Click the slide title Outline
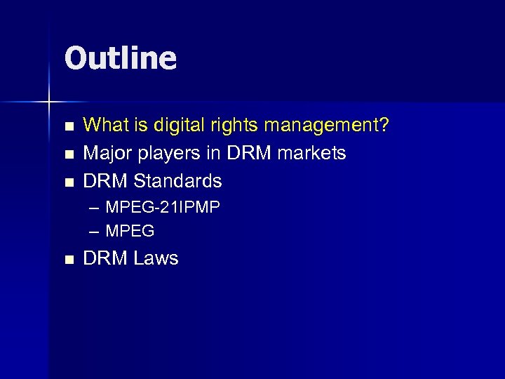pos(120,58)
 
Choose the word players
pos(163,153)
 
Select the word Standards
pos(177,181)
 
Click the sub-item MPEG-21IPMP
pos(162,208)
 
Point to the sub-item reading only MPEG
pos(130,230)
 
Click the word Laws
pos(156,258)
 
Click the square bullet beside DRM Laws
pos(68,259)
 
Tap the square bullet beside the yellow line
pos(68,126)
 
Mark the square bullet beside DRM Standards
pos(68,182)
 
